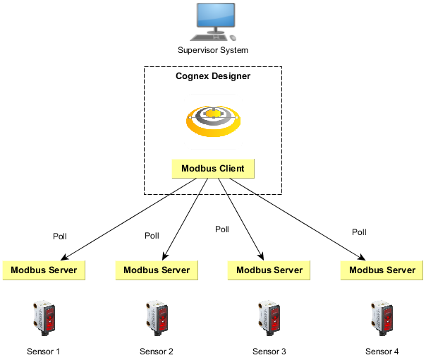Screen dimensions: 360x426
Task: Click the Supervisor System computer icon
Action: click(x=213, y=23)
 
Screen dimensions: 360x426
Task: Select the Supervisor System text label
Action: click(x=213, y=50)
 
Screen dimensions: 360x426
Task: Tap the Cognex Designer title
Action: click(x=213, y=76)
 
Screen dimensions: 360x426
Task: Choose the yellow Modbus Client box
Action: click(x=213, y=169)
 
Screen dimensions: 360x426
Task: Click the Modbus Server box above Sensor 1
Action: click(x=44, y=270)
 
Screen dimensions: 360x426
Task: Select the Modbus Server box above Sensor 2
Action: click(x=157, y=270)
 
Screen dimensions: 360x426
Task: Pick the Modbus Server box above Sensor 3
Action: click(x=269, y=270)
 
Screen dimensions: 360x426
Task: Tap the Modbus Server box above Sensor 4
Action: click(x=382, y=270)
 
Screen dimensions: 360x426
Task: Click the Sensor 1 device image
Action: click(x=44, y=317)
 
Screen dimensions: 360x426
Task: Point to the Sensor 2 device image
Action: click(x=157, y=317)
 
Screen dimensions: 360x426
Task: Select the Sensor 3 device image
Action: click(x=269, y=317)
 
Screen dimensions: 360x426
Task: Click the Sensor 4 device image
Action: click(x=382, y=317)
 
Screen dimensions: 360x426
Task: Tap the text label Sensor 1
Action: click(x=44, y=351)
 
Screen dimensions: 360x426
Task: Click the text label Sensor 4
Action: click(x=382, y=351)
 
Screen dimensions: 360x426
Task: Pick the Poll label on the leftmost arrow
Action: click(x=60, y=236)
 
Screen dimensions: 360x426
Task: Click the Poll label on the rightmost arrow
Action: click(x=359, y=232)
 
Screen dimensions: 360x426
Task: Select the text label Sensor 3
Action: click(x=269, y=351)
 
